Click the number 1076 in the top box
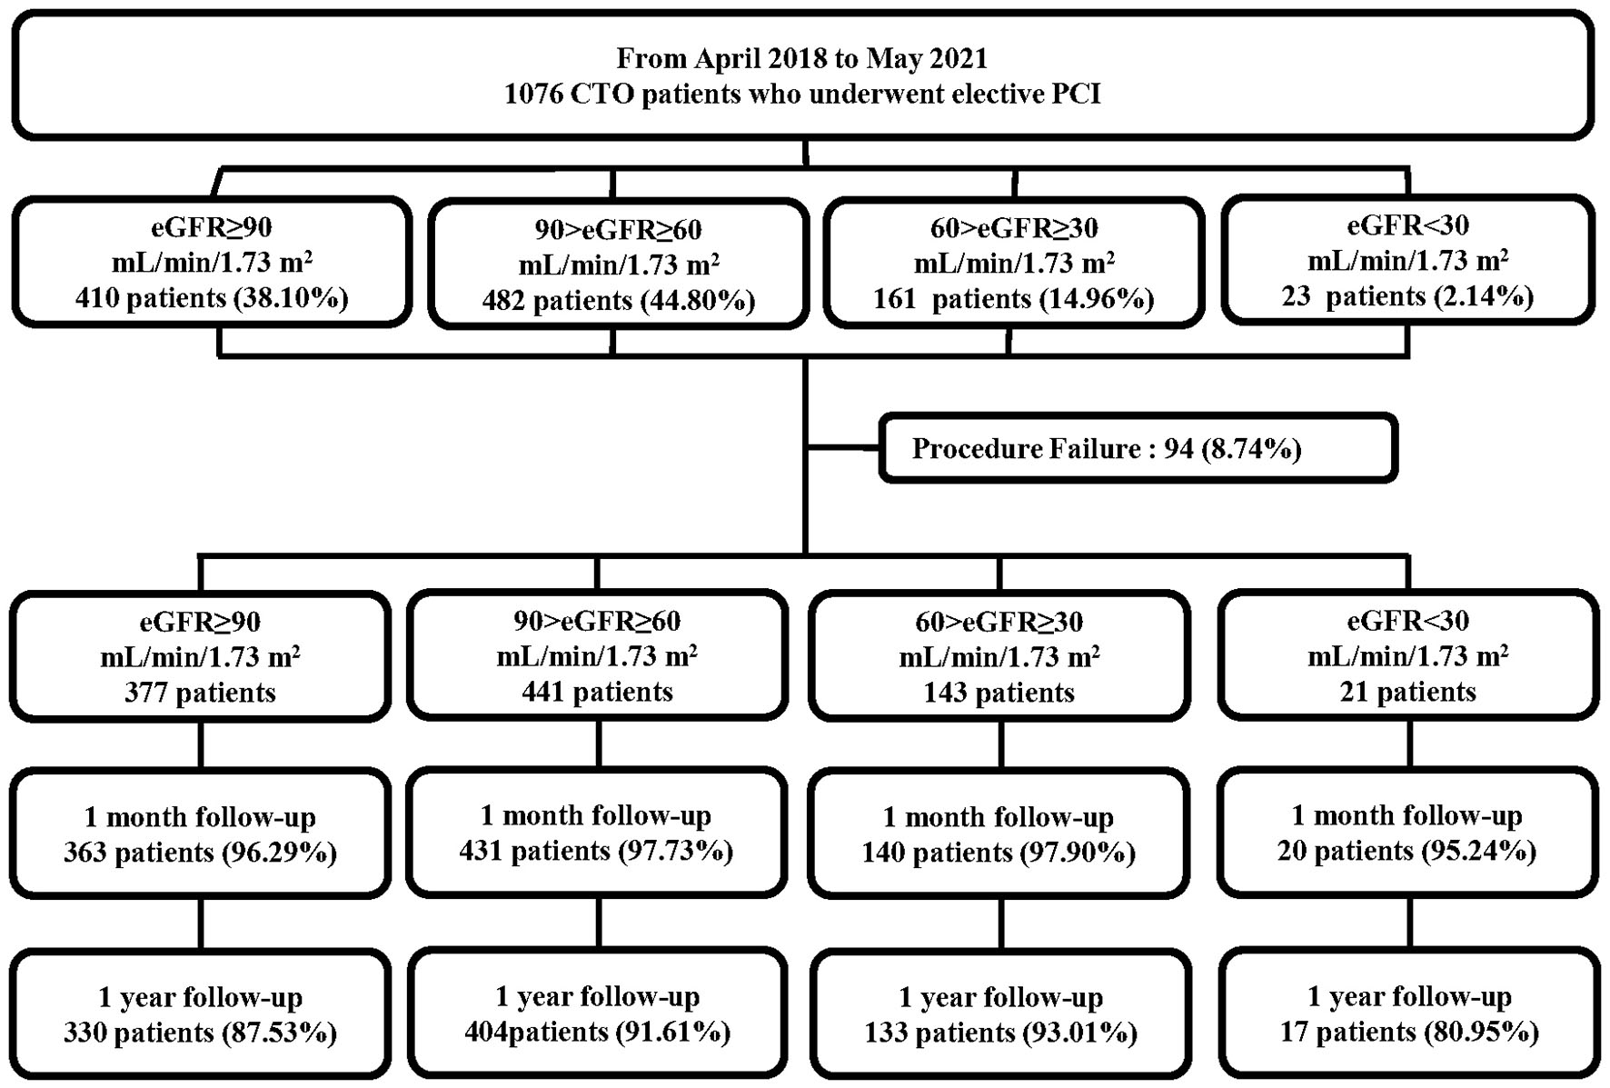[534, 95]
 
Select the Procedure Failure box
[1137, 448]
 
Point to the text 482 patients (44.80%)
[619, 300]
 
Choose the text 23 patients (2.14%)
[1407, 296]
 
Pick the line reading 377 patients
[200, 693]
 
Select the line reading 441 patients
[597, 692]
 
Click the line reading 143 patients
[999, 693]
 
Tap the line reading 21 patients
[1407, 692]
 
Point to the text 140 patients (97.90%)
[999, 853]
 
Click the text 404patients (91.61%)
[597, 1032]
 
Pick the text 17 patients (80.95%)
[1409, 1032]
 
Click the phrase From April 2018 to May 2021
[801, 58]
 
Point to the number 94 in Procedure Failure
[1178, 449]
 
